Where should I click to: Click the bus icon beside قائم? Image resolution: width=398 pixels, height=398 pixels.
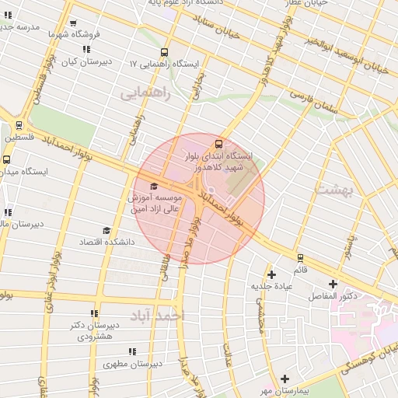[300, 257]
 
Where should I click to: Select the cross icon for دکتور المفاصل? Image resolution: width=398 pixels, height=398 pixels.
[334, 285]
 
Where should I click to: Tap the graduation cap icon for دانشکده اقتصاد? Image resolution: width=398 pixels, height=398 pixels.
[106, 231]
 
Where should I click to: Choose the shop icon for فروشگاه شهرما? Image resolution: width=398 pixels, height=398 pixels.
[73, 24]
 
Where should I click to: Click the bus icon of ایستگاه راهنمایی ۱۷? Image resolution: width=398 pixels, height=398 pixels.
[163, 51]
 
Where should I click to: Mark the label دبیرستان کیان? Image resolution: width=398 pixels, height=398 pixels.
[87, 61]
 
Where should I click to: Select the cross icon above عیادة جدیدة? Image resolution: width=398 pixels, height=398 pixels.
[271, 274]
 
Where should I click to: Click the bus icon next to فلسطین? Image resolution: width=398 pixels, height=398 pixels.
[19, 124]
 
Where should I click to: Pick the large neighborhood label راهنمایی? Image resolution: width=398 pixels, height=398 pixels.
[144, 94]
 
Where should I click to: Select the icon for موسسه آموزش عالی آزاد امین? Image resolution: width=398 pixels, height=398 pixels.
[153, 187]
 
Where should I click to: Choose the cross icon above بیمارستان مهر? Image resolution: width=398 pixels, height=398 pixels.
[286, 377]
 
